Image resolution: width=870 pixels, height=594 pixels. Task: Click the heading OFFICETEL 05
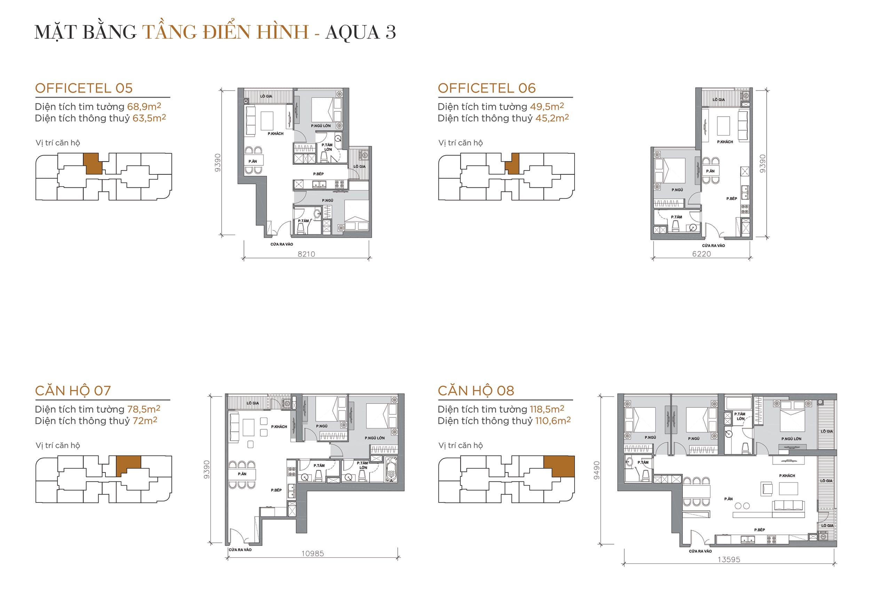pyautogui.click(x=84, y=88)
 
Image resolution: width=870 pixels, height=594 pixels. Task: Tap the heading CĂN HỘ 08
pyautogui.click(x=476, y=391)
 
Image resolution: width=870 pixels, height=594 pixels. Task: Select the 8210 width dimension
pyautogui.click(x=306, y=254)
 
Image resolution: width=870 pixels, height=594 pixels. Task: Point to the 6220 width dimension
pyautogui.click(x=701, y=254)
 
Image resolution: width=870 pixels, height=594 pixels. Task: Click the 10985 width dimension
pyautogui.click(x=313, y=554)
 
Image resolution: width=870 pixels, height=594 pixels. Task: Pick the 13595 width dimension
pyautogui.click(x=728, y=560)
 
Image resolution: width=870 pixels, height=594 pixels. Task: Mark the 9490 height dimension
pyautogui.click(x=597, y=470)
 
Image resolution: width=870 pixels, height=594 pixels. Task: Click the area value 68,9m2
pyautogui.click(x=144, y=107)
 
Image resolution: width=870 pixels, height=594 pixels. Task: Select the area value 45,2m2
pyautogui.click(x=552, y=118)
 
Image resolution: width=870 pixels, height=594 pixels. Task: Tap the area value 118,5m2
pyautogui.click(x=547, y=409)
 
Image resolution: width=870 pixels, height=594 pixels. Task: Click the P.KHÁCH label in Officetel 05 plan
pyautogui.click(x=276, y=134)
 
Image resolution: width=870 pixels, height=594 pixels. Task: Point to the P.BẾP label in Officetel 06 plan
pyautogui.click(x=731, y=199)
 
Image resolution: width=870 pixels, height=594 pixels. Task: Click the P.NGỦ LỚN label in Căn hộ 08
pyautogui.click(x=791, y=439)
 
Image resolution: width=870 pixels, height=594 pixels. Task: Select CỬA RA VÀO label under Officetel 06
pyautogui.click(x=713, y=246)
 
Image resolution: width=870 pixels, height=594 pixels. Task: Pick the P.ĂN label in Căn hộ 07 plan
pyautogui.click(x=242, y=474)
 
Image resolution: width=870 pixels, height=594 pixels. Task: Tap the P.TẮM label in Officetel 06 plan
pyautogui.click(x=676, y=217)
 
